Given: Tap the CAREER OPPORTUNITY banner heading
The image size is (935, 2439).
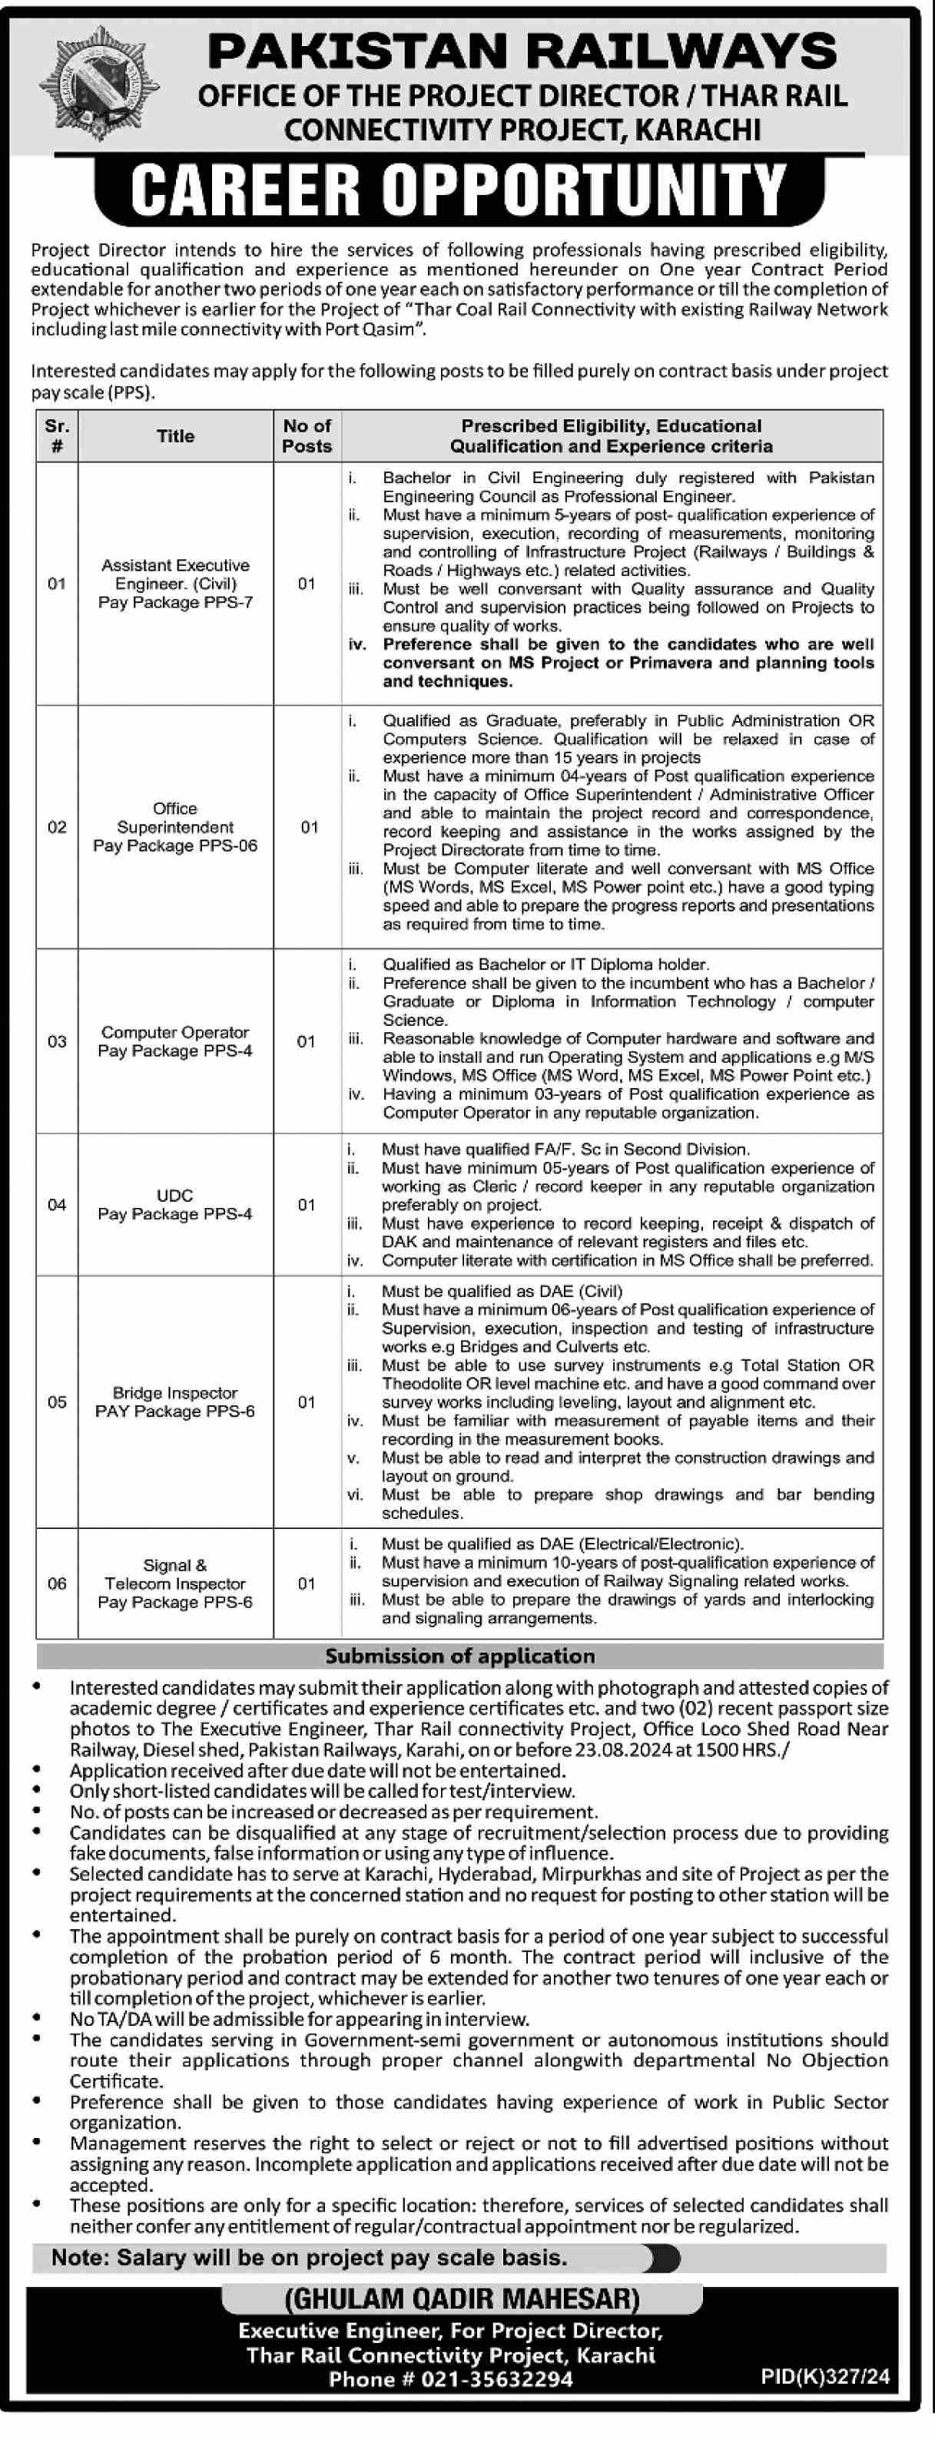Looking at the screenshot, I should (x=459, y=190).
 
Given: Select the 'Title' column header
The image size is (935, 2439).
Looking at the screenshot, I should (x=175, y=435).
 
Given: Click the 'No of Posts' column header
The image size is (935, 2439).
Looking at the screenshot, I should (x=307, y=435).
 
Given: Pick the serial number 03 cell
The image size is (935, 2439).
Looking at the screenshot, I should (x=57, y=1041).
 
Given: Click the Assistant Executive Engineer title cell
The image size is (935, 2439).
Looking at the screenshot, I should (x=175, y=583).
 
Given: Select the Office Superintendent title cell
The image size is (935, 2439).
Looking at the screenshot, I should (x=175, y=826).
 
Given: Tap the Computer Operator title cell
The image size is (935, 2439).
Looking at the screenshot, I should (x=175, y=1041).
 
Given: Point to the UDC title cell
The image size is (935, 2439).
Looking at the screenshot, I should (x=175, y=1204).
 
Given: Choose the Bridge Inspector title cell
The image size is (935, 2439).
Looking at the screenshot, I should (x=175, y=1402).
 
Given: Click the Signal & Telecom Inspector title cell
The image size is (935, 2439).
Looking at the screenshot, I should (x=175, y=1583).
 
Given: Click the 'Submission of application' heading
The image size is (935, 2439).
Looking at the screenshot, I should (x=459, y=1655).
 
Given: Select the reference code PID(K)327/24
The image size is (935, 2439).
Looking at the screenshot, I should (x=824, y=2374).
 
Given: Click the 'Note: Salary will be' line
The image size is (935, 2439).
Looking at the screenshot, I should (x=309, y=2257).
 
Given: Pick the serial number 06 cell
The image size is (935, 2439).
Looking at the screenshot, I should (x=57, y=1583).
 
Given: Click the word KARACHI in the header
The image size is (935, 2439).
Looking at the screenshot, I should (x=698, y=130).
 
